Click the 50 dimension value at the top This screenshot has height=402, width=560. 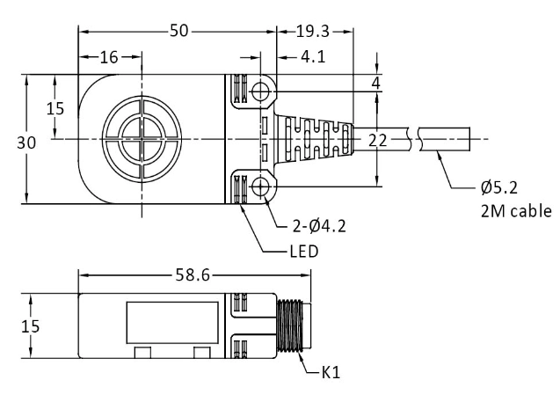179,31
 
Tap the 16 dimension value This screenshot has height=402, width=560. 109,58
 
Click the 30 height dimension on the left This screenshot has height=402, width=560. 16,142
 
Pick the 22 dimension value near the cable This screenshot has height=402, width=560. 377,139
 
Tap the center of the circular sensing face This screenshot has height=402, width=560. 141,139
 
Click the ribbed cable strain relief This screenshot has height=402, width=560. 312,139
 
